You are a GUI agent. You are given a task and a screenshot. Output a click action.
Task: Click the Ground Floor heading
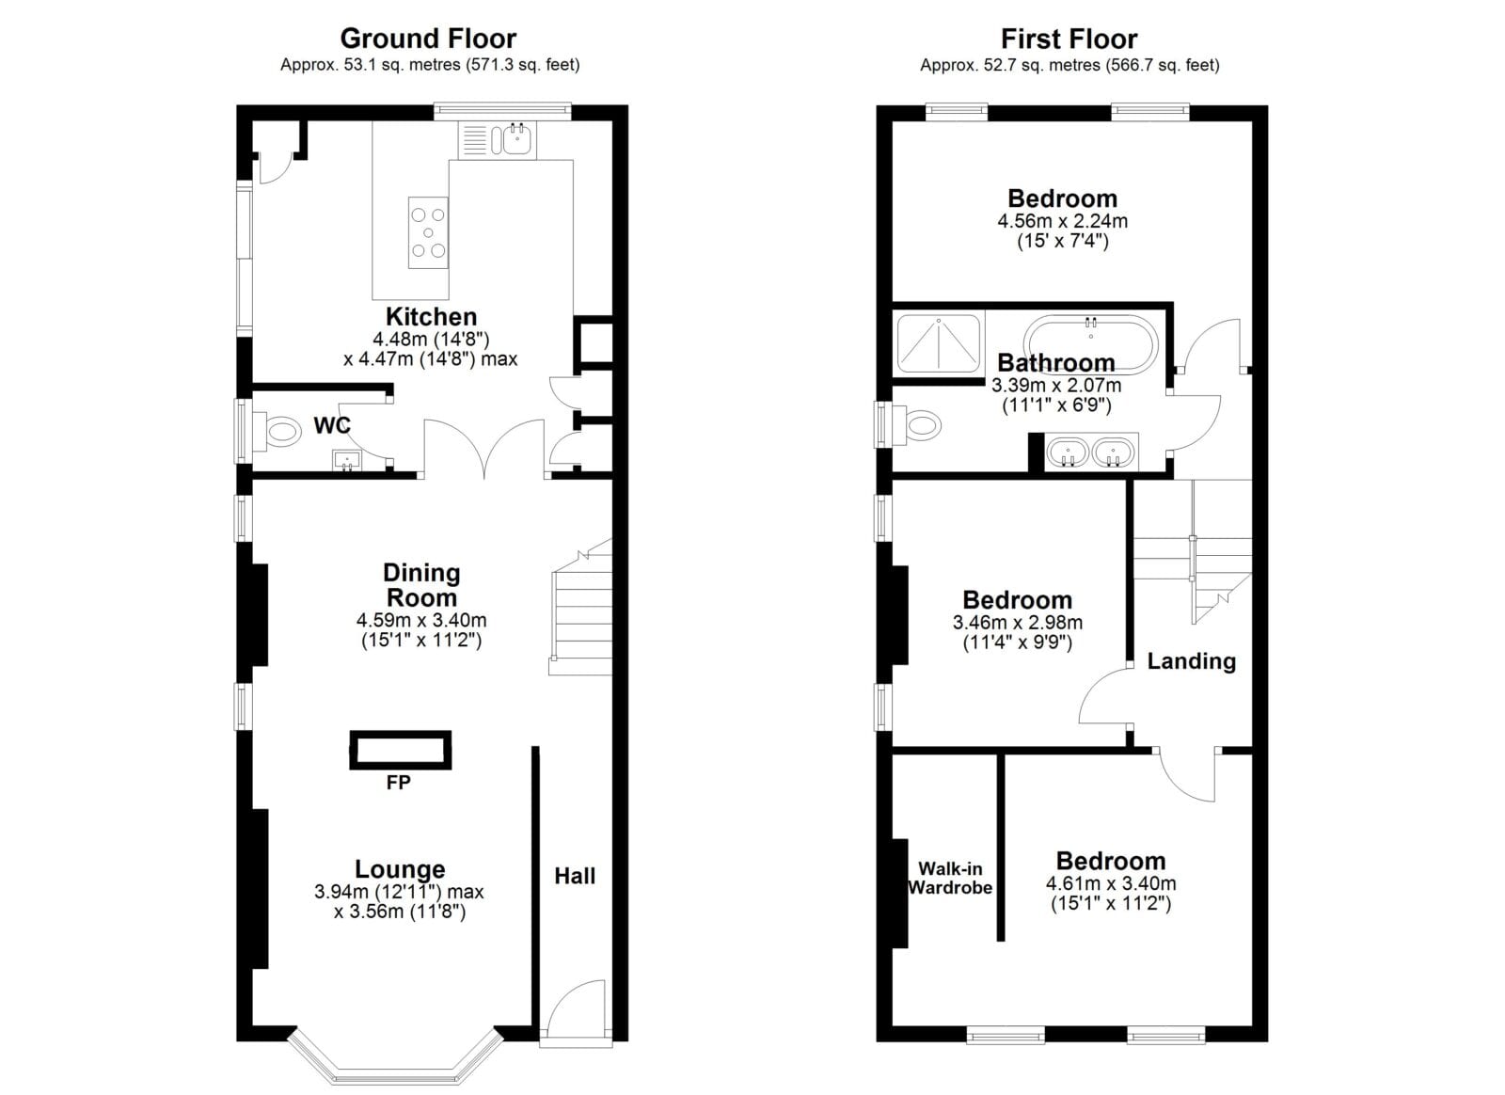click(428, 39)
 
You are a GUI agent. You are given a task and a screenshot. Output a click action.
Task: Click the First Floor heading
click(1069, 39)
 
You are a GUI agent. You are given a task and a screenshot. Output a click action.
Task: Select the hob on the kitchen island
click(428, 232)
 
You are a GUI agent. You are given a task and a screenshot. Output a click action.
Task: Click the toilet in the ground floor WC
click(277, 429)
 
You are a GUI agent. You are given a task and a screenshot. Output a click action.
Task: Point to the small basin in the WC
click(347, 461)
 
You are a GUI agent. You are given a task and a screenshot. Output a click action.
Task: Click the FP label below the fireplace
click(399, 783)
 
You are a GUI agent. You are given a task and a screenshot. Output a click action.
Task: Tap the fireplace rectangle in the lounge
click(401, 749)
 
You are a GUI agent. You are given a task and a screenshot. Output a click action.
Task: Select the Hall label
click(575, 876)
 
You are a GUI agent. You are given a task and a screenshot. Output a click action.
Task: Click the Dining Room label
click(421, 585)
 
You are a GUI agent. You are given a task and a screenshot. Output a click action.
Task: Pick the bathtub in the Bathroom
click(1090, 343)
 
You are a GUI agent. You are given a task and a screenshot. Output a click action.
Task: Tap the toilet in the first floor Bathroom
click(916, 424)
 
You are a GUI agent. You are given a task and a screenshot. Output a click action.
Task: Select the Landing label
click(1191, 661)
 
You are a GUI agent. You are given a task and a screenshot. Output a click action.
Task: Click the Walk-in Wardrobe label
click(950, 878)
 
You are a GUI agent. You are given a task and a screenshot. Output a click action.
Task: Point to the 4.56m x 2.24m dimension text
click(1062, 221)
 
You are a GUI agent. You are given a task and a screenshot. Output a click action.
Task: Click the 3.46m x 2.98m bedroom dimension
click(1017, 623)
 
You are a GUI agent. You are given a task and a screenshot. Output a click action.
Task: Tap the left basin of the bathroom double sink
click(1067, 452)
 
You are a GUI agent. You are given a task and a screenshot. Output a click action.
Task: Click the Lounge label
click(400, 869)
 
